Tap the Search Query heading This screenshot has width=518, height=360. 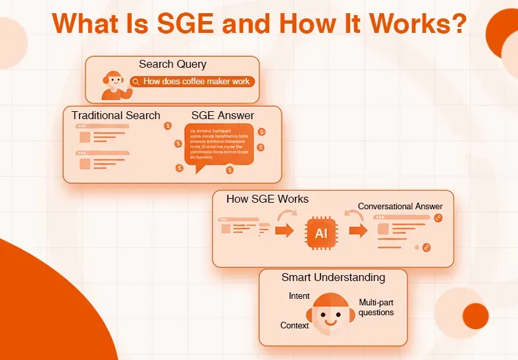tap(172, 64)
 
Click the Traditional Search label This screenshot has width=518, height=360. tap(116, 115)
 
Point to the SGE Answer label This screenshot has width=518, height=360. tap(222, 115)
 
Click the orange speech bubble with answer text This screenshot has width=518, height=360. tap(219, 145)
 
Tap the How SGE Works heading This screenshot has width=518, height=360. tap(267, 199)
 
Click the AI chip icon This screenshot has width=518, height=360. tap(321, 233)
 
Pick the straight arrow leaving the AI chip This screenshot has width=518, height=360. tap(358, 231)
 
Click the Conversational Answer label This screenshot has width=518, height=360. tap(400, 207)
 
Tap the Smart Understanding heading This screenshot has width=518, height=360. tap(333, 277)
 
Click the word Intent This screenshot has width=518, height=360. tap(299, 296)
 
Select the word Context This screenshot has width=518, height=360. tap(294, 325)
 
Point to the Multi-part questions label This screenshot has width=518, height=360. tap(376, 307)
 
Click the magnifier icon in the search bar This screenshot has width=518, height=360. tap(136, 82)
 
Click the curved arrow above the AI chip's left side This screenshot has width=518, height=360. tap(286, 215)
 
